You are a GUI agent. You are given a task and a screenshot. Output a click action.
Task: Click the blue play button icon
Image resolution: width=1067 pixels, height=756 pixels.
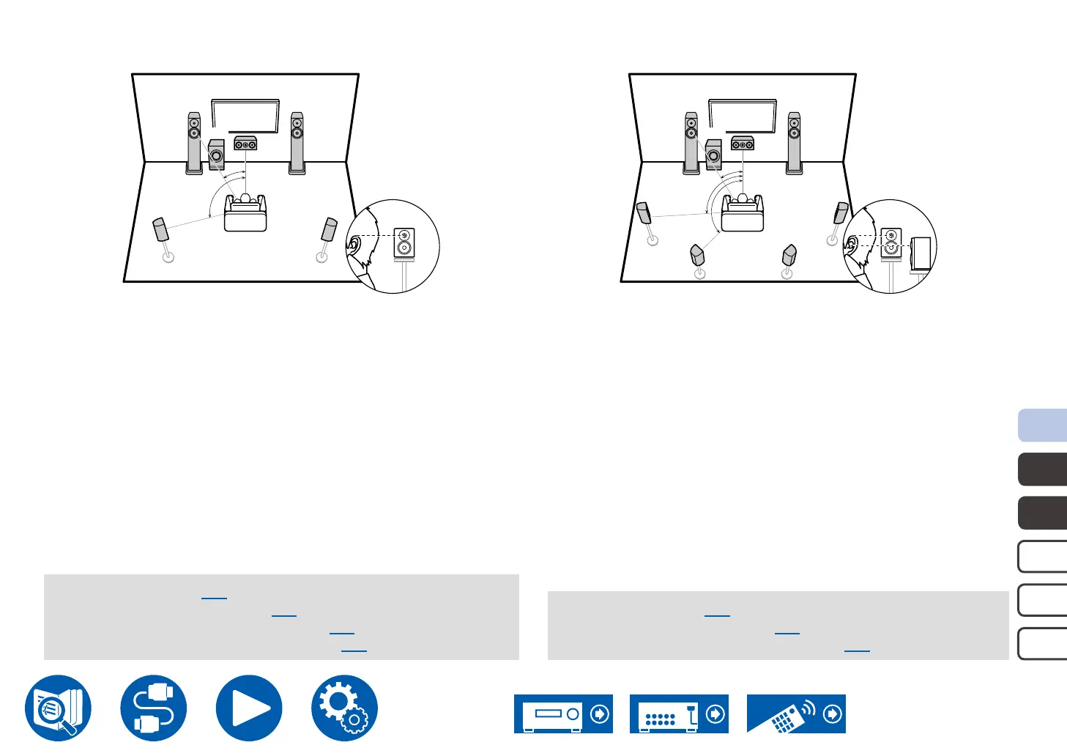[249, 708]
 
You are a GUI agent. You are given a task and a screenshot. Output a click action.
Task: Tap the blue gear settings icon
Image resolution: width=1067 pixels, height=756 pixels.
[344, 708]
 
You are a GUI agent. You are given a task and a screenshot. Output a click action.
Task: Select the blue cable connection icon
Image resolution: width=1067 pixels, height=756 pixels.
[154, 708]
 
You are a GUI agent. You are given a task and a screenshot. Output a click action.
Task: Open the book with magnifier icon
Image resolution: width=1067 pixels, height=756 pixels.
[59, 708]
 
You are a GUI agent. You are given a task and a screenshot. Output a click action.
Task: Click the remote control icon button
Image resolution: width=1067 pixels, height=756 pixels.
[796, 714]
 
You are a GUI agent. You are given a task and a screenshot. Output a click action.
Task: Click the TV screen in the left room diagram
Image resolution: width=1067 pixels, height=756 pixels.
[245, 116]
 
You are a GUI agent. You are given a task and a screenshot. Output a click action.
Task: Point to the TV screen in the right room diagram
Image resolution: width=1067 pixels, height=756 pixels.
[743, 116]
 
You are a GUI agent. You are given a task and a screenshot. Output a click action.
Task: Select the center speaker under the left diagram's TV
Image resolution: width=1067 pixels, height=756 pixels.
[245, 144]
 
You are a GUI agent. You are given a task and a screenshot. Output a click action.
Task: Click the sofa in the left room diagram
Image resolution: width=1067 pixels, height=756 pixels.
[245, 213]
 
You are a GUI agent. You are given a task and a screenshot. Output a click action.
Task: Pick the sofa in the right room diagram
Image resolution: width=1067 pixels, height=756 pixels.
[743, 213]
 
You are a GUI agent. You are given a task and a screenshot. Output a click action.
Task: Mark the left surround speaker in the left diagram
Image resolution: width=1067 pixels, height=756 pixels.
[160, 229]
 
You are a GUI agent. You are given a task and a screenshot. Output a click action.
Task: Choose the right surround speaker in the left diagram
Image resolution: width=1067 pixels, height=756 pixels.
[330, 229]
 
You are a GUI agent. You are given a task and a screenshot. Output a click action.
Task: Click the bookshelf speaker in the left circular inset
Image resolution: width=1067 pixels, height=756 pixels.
[404, 242]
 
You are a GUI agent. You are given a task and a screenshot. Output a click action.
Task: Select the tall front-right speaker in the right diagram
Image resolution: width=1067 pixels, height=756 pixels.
[795, 143]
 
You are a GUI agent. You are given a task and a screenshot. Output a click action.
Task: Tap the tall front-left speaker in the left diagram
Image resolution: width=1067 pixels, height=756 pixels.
[194, 143]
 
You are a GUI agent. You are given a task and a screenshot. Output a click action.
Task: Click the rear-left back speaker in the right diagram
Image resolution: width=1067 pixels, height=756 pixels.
[697, 256]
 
